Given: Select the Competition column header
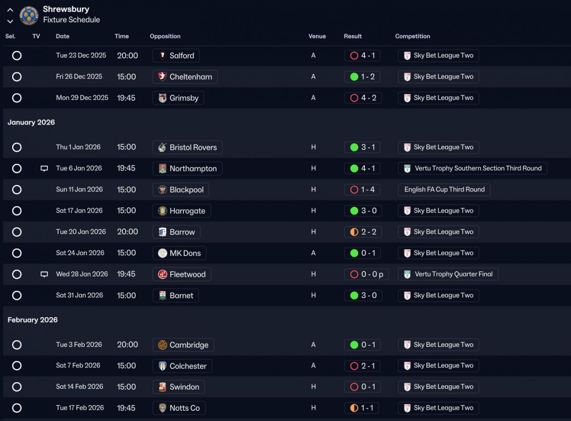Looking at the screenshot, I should [x=413, y=36].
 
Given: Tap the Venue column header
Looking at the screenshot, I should [x=317, y=36].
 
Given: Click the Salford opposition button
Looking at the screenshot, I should [x=176, y=56].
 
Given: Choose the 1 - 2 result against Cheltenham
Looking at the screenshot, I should [x=363, y=77].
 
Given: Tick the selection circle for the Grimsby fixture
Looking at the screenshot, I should [x=17, y=98].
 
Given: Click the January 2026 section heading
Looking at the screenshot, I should [x=31, y=122].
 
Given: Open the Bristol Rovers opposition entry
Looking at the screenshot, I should [x=187, y=147].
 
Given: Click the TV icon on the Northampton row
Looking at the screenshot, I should [x=44, y=169].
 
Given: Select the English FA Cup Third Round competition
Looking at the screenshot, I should [x=444, y=190].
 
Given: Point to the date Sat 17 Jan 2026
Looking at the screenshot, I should [x=79, y=210].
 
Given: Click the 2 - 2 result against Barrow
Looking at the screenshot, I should [x=363, y=232].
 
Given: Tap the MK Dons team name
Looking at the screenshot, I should [x=185, y=253].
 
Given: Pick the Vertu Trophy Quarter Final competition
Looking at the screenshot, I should [x=448, y=274].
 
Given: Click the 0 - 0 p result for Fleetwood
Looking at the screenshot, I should [x=367, y=274].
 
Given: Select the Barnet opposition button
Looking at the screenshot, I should [x=176, y=295].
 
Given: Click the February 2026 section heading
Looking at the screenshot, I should [x=33, y=320].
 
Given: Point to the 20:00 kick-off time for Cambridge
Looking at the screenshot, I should [x=128, y=345].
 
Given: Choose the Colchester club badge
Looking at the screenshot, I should [x=162, y=366].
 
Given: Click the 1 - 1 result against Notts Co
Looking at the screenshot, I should [x=363, y=408].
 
